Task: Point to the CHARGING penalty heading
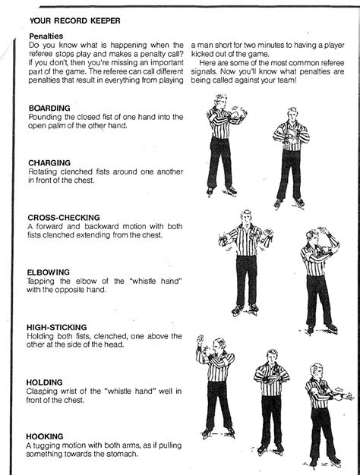click(x=49, y=163)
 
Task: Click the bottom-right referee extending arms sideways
click(x=323, y=414)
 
